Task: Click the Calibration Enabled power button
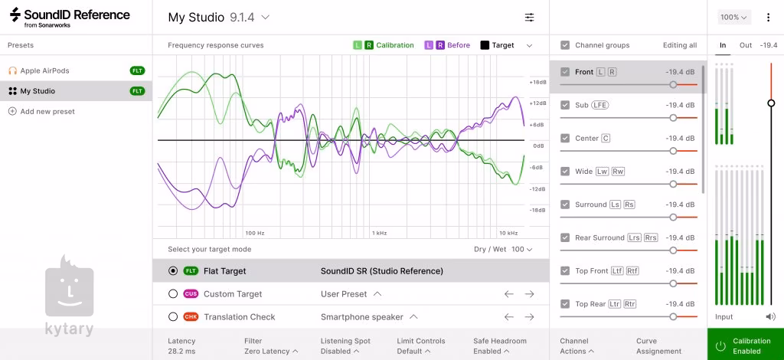(720, 345)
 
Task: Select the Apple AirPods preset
(44, 70)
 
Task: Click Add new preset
(47, 111)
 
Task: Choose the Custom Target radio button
(173, 294)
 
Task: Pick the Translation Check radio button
(173, 317)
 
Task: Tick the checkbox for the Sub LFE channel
(565, 105)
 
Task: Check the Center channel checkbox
(565, 139)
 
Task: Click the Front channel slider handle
(673, 84)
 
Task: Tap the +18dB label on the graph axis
(537, 82)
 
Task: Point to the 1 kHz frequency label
(378, 232)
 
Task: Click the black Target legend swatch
(485, 45)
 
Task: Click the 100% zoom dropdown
(733, 17)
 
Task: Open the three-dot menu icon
(767, 17)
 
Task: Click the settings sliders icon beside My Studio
(530, 17)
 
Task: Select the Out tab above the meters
(745, 45)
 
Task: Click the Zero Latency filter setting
(271, 352)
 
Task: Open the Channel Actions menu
(577, 352)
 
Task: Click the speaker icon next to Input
(770, 316)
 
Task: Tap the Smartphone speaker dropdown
(370, 317)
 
